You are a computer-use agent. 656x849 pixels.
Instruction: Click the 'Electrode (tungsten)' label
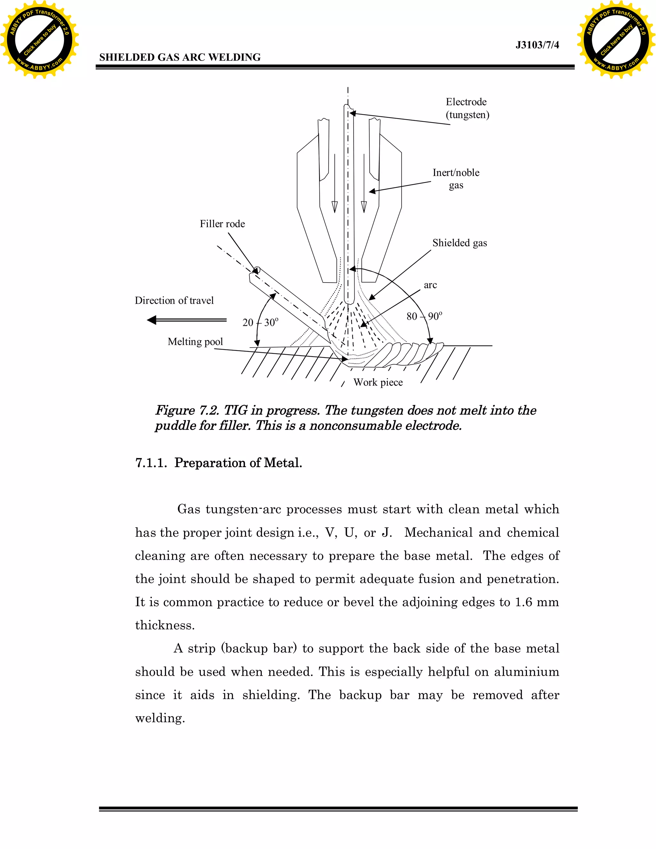467,108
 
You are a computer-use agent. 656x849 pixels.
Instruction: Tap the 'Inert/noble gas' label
456,178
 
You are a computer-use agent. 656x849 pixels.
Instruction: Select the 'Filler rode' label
222,224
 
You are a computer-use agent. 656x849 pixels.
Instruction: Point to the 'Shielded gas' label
459,243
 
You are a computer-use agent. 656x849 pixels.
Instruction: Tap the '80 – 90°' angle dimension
424,317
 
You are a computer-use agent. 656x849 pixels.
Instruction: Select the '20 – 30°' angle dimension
260,323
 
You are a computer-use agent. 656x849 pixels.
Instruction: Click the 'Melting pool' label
195,342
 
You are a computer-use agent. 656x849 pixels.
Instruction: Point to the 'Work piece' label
378,383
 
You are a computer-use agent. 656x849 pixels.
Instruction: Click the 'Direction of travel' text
174,301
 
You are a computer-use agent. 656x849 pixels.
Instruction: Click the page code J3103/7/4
537,45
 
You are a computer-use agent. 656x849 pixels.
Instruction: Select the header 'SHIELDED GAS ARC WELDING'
180,58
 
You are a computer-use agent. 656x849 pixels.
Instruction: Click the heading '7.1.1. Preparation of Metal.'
218,463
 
